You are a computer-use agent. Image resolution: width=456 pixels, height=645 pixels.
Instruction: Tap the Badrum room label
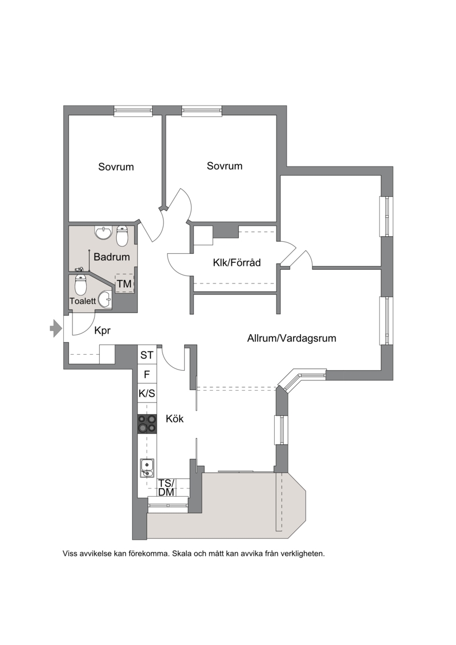(x=111, y=257)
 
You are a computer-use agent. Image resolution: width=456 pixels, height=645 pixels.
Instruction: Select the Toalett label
(x=82, y=301)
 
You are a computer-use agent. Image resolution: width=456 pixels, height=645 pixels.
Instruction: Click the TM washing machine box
(x=124, y=283)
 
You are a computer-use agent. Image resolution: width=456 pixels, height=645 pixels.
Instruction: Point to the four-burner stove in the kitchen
(x=147, y=424)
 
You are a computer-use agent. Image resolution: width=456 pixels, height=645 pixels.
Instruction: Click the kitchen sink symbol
(x=146, y=468)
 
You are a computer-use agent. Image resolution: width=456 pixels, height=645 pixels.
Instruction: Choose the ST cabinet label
(x=147, y=355)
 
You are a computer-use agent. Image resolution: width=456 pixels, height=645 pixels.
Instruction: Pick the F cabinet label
(x=147, y=375)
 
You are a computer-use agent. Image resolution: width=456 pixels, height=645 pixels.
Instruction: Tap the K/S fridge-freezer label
(x=147, y=394)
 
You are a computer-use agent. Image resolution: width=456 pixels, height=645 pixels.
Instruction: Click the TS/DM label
(x=166, y=488)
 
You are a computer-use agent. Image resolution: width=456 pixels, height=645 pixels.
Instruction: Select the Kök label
(x=175, y=419)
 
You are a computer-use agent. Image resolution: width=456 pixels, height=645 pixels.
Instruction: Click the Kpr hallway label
(x=103, y=331)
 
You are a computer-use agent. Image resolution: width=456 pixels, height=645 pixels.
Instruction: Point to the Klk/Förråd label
(x=237, y=262)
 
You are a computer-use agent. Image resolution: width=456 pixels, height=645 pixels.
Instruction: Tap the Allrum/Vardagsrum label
(x=291, y=338)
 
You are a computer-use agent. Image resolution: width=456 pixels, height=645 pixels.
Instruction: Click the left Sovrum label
(x=116, y=167)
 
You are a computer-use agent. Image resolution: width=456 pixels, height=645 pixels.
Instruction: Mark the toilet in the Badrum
(x=123, y=236)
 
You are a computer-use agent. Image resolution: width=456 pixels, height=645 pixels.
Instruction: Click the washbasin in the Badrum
(x=103, y=233)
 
